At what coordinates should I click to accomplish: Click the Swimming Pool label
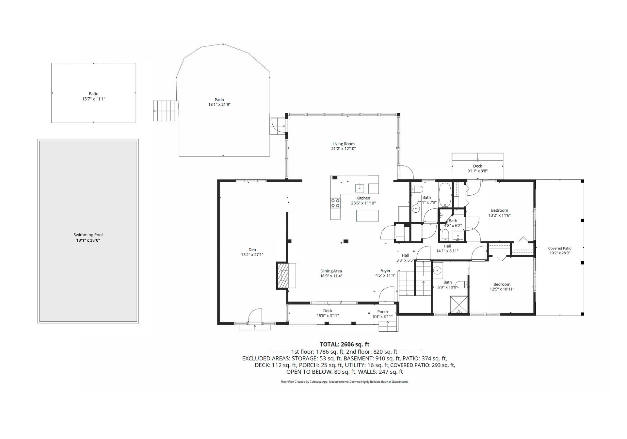click(88, 235)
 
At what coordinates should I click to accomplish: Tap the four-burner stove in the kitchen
click(335, 203)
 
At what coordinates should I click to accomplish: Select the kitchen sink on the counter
click(360, 188)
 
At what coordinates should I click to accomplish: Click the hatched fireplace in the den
click(283, 276)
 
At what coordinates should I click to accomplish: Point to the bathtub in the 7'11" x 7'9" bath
click(444, 195)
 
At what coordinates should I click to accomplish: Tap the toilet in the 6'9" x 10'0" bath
click(462, 285)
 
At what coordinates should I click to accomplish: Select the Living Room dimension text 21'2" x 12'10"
click(343, 149)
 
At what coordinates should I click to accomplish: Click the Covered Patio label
click(560, 248)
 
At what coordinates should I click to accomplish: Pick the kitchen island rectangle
click(367, 216)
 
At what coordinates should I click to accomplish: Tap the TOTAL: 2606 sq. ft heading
click(345, 344)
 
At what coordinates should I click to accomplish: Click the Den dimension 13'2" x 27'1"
click(252, 255)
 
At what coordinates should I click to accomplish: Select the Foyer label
click(385, 271)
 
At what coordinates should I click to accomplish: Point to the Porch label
click(382, 312)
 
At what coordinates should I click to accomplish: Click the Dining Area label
click(331, 271)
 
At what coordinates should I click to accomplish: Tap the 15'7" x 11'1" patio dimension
click(94, 99)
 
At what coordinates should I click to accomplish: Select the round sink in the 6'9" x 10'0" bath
click(437, 270)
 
